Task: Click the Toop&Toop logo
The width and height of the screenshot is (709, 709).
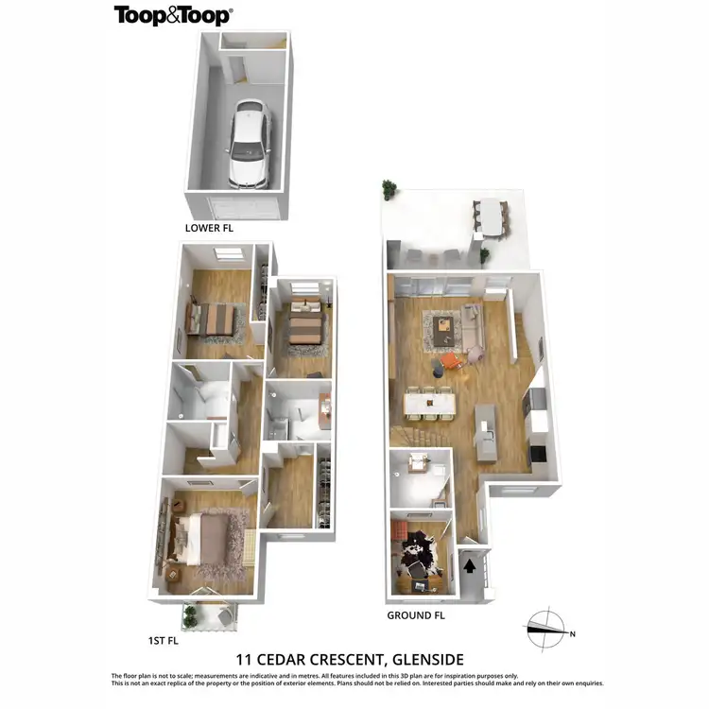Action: click(x=173, y=15)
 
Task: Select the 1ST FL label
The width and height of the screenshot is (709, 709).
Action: click(x=164, y=640)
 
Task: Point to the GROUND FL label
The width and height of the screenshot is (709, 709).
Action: click(x=415, y=615)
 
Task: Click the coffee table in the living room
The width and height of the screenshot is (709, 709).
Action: click(x=444, y=326)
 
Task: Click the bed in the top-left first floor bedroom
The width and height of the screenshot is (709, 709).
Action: click(x=214, y=319)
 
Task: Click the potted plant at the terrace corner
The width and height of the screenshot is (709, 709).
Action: click(x=389, y=189)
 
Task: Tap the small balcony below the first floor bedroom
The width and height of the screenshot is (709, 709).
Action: click(x=208, y=614)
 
